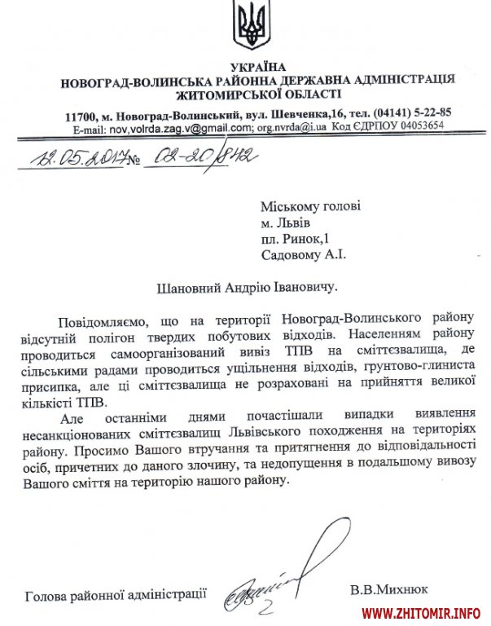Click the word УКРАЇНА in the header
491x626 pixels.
pyautogui.click(x=256, y=65)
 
